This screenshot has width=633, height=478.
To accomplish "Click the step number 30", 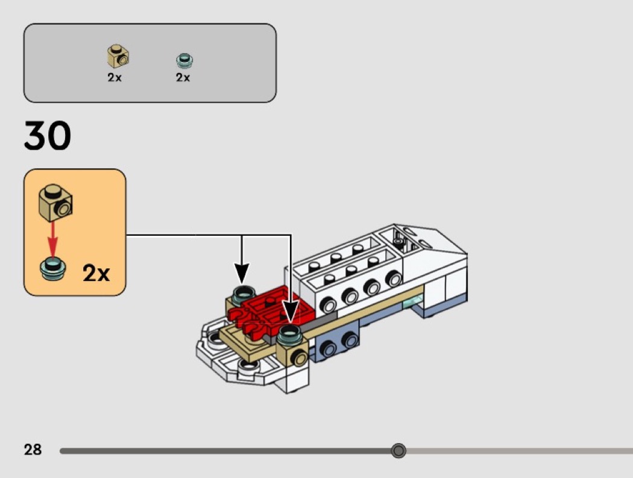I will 48,136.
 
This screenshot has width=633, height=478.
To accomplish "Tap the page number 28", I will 33,450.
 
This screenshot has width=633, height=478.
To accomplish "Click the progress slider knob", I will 398,451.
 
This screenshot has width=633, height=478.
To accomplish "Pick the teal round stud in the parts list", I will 183,60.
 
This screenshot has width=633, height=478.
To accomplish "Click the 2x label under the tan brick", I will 115,78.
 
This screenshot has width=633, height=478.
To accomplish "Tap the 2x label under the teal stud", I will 183,78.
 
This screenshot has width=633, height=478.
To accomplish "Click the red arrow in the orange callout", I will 53,239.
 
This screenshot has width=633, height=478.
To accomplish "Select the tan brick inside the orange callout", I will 55,202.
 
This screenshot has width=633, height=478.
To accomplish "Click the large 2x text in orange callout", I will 96,274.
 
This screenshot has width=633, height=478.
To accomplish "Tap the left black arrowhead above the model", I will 242,274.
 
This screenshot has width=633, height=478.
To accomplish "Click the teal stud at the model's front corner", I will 291,333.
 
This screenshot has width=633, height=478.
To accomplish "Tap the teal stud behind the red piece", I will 241,294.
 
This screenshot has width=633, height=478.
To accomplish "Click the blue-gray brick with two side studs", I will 338,344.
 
